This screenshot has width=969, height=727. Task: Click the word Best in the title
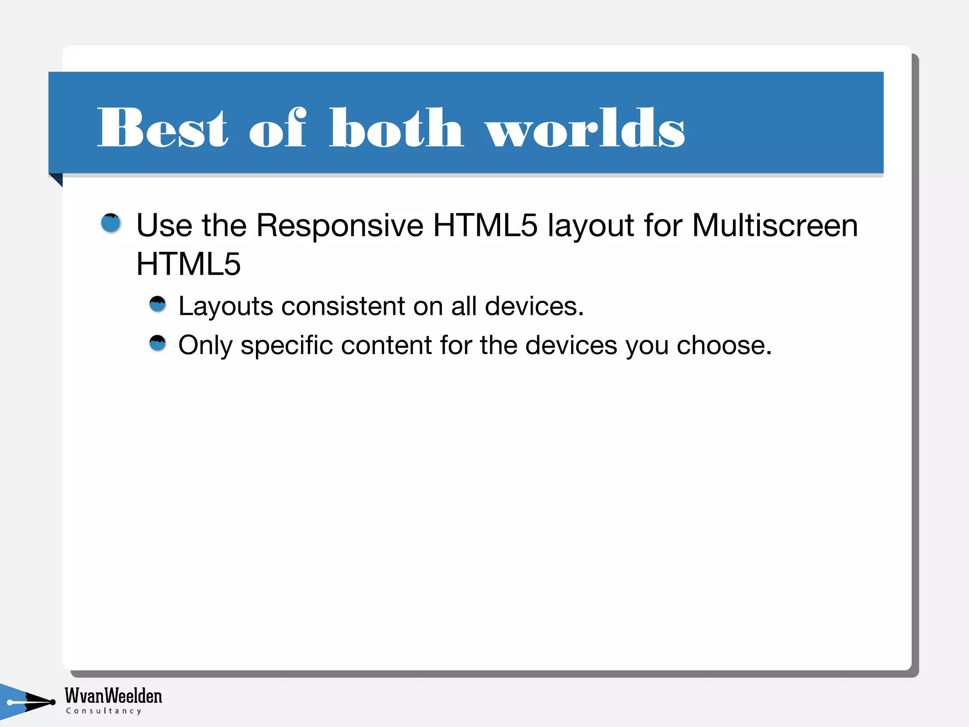[162, 128]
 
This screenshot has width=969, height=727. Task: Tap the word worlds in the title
[585, 128]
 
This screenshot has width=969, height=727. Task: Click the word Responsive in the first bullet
[339, 225]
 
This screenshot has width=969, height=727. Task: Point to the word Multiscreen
[775, 225]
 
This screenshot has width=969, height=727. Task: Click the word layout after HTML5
[590, 226]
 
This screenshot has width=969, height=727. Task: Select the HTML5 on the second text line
[188, 264]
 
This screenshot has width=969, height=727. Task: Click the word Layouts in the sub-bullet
[226, 307]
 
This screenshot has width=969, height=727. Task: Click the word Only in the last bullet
[205, 346]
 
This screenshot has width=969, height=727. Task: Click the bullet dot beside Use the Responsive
[111, 223]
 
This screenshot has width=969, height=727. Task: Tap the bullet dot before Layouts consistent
[158, 304]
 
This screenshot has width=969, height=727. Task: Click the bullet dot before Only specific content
[158, 343]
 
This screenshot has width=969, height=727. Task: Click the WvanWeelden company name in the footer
[113, 695]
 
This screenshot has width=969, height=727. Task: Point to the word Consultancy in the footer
[104, 711]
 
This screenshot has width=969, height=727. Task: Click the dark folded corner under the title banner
[57, 179]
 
